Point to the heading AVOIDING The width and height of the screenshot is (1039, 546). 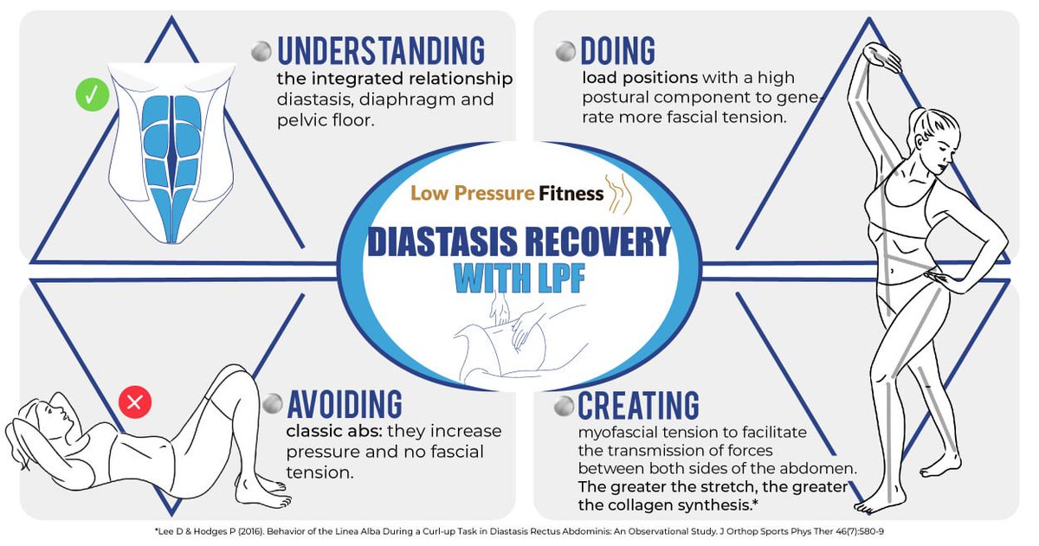tap(345, 403)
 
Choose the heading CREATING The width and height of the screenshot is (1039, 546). tap(638, 404)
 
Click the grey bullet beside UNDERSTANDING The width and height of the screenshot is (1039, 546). tap(261, 52)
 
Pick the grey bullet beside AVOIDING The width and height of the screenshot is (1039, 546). tap(273, 404)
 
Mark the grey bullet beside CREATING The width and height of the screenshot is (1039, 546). tap(564, 404)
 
